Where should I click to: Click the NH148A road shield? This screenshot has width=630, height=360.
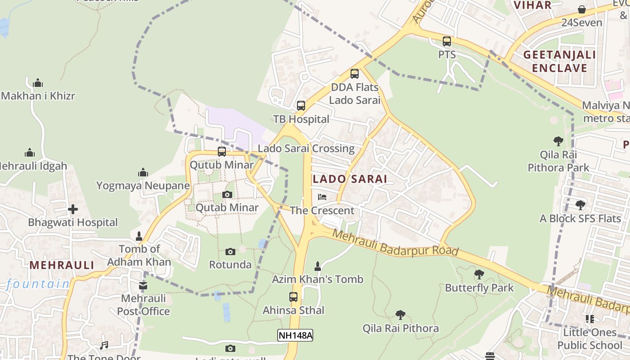[295, 335]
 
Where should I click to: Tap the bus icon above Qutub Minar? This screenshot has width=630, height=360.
[222, 152]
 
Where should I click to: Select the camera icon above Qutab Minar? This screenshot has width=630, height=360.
[227, 195]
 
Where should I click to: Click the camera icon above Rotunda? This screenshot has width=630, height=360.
[230, 252]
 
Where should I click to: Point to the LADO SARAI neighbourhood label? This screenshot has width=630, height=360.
[350, 179]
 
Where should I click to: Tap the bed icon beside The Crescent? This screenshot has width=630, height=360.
[322, 197]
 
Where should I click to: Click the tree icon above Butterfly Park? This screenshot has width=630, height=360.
[479, 274]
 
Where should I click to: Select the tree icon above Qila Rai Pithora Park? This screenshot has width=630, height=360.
[558, 141]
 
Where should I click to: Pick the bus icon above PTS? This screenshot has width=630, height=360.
[447, 41]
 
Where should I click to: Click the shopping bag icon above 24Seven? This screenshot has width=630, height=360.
[582, 9]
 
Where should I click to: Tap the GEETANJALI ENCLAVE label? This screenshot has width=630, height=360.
[559, 62]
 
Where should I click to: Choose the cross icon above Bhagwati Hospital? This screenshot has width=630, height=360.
[73, 209]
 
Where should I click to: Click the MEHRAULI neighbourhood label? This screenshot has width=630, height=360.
[62, 265]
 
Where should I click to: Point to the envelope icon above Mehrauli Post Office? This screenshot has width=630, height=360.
[143, 285]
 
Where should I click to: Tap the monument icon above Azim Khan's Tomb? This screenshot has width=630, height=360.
[318, 266]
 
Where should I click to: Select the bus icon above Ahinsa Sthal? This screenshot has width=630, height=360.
[293, 297]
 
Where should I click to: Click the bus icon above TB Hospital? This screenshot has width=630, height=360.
[301, 106]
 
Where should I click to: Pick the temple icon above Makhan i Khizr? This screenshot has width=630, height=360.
[38, 83]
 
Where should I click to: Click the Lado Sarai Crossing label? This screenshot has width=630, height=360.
[306, 148]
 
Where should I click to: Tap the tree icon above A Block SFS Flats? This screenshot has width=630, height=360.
[580, 206]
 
